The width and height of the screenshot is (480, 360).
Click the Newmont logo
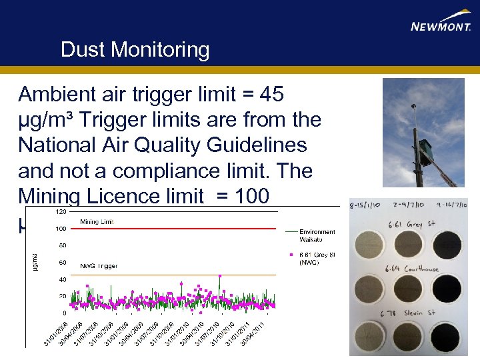[x=441, y=22]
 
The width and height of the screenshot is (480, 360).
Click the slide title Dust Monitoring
[x=135, y=50]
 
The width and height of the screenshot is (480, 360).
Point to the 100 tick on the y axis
[x=60, y=229]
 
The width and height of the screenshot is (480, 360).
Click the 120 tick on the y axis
[x=60, y=211]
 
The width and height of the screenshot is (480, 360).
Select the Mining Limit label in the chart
[x=98, y=222]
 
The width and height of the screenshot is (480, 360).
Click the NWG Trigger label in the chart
[x=99, y=266]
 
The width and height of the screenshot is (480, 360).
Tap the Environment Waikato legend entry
[x=317, y=236]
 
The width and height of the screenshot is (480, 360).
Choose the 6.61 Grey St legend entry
[x=317, y=258]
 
